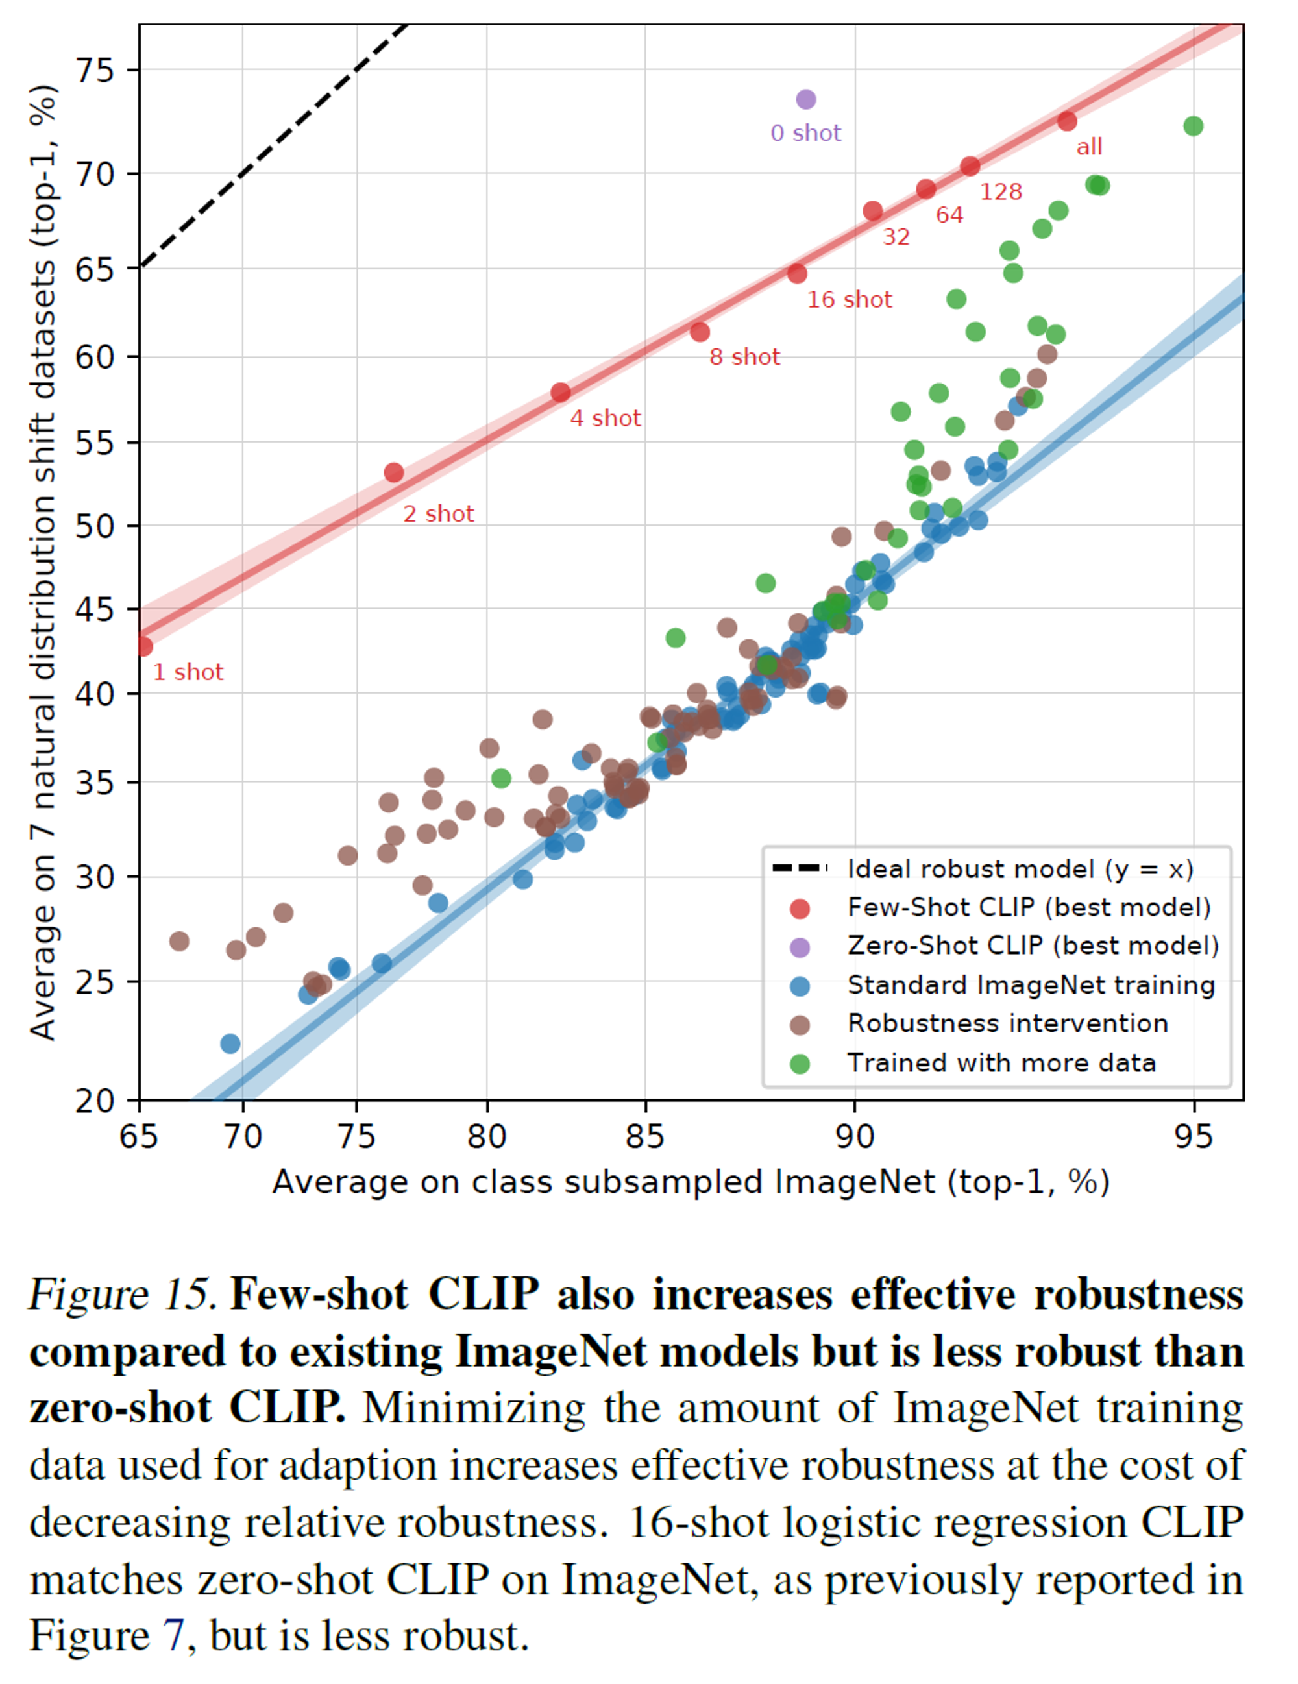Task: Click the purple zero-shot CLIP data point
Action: click(805, 99)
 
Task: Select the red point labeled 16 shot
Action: click(797, 274)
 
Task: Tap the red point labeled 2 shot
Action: click(393, 472)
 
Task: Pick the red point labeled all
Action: click(1066, 121)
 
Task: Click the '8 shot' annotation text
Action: click(744, 357)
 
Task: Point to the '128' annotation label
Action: click(1000, 192)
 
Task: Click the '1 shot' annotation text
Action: click(188, 672)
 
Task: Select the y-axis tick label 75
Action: click(94, 71)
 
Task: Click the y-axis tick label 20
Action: click(94, 1101)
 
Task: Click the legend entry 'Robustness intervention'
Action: click(1007, 1024)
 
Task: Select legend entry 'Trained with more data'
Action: click(1001, 1064)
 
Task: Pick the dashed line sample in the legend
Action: click(799, 869)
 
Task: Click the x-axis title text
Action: click(691, 1182)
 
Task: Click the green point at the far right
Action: click(1192, 126)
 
